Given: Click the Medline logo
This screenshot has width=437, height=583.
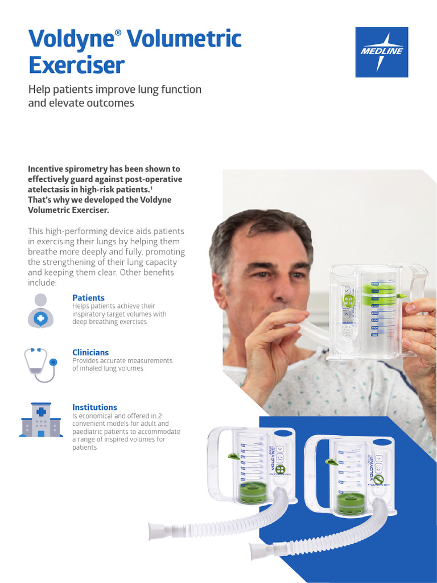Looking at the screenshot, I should [381, 52].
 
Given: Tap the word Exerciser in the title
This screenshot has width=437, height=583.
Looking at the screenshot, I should [76, 65].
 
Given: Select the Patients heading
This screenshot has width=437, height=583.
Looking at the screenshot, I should [88, 298].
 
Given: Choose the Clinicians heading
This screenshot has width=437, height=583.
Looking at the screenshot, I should [90, 352].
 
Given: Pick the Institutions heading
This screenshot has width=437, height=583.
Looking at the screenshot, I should [94, 407].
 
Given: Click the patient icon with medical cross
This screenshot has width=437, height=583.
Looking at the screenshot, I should [40, 311].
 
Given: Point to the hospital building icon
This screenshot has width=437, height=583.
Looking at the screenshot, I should [40, 420].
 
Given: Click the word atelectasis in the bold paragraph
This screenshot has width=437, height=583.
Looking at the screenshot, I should [50, 190].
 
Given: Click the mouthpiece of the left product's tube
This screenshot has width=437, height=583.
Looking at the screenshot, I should [160, 531].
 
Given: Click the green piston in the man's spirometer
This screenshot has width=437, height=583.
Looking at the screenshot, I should [379, 294].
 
